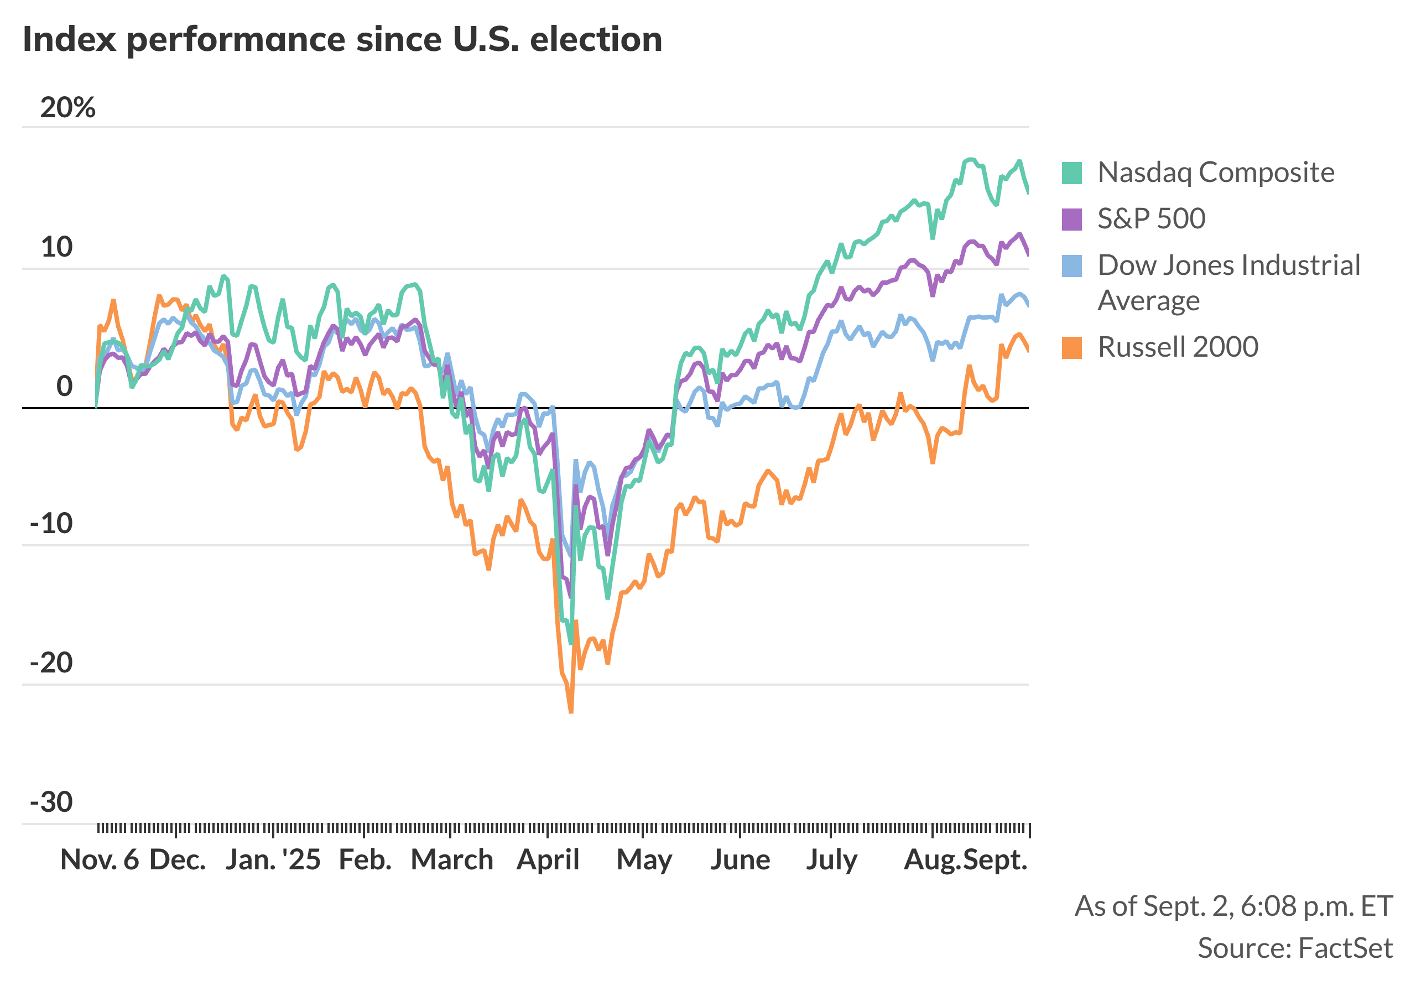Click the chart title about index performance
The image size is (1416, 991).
342,39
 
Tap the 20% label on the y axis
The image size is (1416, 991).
68,108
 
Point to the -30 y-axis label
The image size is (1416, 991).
52,802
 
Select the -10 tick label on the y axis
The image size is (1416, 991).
52,524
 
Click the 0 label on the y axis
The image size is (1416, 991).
64,386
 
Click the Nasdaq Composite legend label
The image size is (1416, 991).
1215,172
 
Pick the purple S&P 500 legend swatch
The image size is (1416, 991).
1071,219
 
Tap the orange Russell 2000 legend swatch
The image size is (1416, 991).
1071,348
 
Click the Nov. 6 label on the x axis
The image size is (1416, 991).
100,859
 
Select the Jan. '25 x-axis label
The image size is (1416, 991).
273,859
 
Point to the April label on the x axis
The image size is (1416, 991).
548,859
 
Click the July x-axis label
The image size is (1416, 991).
831,859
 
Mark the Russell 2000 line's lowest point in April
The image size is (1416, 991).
570,712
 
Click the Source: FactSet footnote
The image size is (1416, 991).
1294,948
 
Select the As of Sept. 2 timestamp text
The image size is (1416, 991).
1233,906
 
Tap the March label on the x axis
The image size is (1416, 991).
452,859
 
